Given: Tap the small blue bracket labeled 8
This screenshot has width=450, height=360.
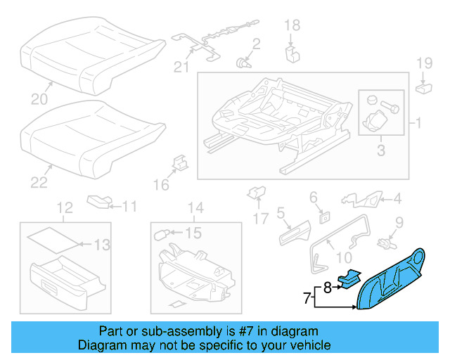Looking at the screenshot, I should pyautogui.click(x=348, y=278).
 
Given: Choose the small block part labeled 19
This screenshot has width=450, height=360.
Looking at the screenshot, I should pyautogui.click(x=423, y=87).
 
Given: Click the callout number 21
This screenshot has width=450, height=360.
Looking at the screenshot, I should pyautogui.click(x=182, y=67).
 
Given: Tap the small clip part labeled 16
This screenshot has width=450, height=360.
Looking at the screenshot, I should pyautogui.click(x=179, y=165).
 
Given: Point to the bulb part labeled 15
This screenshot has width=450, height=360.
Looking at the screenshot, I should pyautogui.click(x=168, y=233).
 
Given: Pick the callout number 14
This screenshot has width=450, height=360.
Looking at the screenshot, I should pyautogui.click(x=195, y=207).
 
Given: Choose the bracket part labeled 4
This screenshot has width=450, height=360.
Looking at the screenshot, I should pyautogui.click(x=361, y=200).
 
